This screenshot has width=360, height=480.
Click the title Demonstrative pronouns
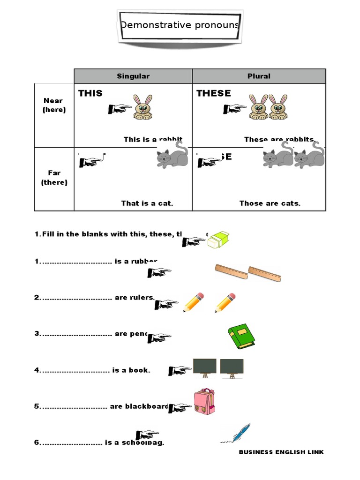(x=180, y=25)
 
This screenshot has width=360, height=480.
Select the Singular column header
(x=133, y=76)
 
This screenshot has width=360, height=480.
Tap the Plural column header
(x=259, y=76)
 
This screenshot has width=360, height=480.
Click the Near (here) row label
(x=54, y=105)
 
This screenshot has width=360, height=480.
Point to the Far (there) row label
(x=54, y=178)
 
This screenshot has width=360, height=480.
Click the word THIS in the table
(x=90, y=93)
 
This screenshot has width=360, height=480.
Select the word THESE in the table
(x=214, y=93)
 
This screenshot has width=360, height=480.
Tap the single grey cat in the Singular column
(x=172, y=156)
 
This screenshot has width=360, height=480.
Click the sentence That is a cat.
(x=147, y=203)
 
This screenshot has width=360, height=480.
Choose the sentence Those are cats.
(x=270, y=203)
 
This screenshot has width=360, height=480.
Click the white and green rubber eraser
(x=218, y=240)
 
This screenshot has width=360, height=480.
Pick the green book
(x=241, y=337)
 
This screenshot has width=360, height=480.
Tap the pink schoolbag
(x=204, y=402)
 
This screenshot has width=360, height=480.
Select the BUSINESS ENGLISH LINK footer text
(x=281, y=452)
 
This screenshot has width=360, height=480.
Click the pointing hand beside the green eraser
(x=194, y=241)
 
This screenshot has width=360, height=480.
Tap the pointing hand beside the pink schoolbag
(x=180, y=408)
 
